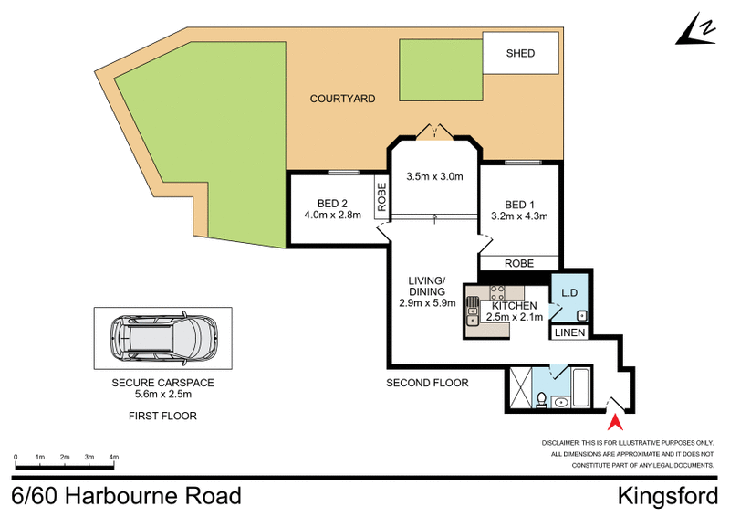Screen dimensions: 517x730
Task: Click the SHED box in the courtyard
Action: click(x=520, y=54)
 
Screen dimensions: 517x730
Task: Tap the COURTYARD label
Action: click(x=342, y=99)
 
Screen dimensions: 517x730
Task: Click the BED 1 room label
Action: click(x=518, y=204)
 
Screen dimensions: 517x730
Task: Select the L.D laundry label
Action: click(x=571, y=293)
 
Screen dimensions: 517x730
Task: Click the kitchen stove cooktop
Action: click(x=498, y=293)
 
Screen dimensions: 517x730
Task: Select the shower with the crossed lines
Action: click(x=521, y=387)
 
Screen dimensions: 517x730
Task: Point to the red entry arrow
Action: click(x=616, y=421)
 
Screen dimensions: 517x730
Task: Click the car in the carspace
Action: click(x=162, y=337)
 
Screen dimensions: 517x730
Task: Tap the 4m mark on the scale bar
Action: click(x=114, y=457)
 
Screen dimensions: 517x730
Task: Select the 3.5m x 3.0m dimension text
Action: click(x=434, y=176)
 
